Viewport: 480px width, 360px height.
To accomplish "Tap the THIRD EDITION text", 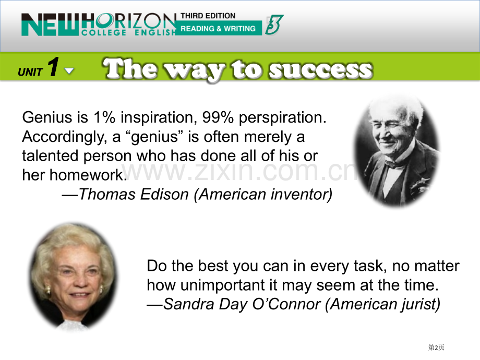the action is [208, 16].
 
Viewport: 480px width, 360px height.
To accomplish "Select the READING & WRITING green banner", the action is [219, 28].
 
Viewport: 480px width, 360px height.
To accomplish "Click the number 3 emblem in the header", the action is [274, 24].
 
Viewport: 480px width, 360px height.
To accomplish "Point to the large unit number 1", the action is [53, 66].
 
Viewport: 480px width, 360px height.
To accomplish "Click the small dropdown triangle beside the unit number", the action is [69, 71].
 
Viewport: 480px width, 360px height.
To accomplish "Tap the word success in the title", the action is [320, 69].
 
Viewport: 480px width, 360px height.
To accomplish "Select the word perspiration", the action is [282, 118].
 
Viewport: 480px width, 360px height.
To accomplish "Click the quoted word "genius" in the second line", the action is [154, 137].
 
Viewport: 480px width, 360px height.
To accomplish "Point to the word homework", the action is [88, 175].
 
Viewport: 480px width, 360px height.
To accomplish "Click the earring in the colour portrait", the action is [47, 290].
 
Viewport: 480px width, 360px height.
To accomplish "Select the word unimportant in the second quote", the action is [223, 285].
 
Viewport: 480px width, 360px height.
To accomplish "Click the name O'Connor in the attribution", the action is [286, 304].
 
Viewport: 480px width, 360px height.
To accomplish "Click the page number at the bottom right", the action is [436, 347].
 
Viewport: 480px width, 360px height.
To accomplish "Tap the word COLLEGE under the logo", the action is [104, 32].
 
